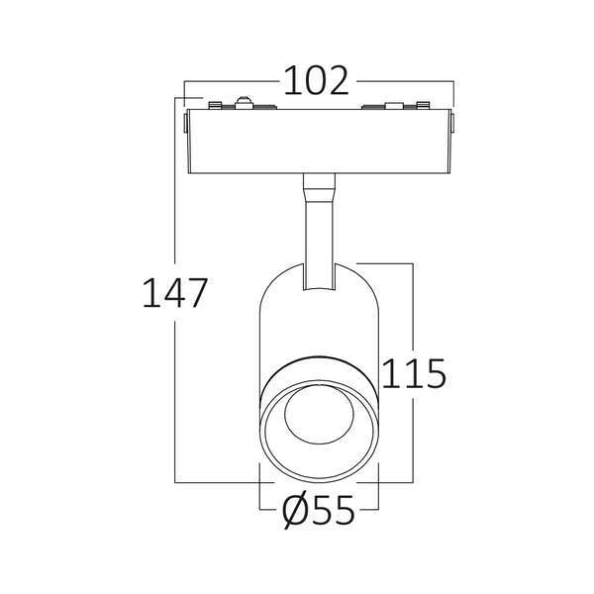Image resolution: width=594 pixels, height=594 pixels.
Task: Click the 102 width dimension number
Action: pos(317,81)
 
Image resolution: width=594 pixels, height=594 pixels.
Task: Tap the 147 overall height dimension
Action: pos(175,292)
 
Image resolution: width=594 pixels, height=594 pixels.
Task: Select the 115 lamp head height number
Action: pos(414,373)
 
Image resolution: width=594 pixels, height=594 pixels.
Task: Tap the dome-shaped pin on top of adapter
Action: pos(245,103)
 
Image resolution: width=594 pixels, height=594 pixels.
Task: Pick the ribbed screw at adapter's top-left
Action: pos(215,105)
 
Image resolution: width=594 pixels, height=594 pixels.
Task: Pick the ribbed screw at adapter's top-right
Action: pos(423,105)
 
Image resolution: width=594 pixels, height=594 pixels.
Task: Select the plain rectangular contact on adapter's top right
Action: pos(394,106)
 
